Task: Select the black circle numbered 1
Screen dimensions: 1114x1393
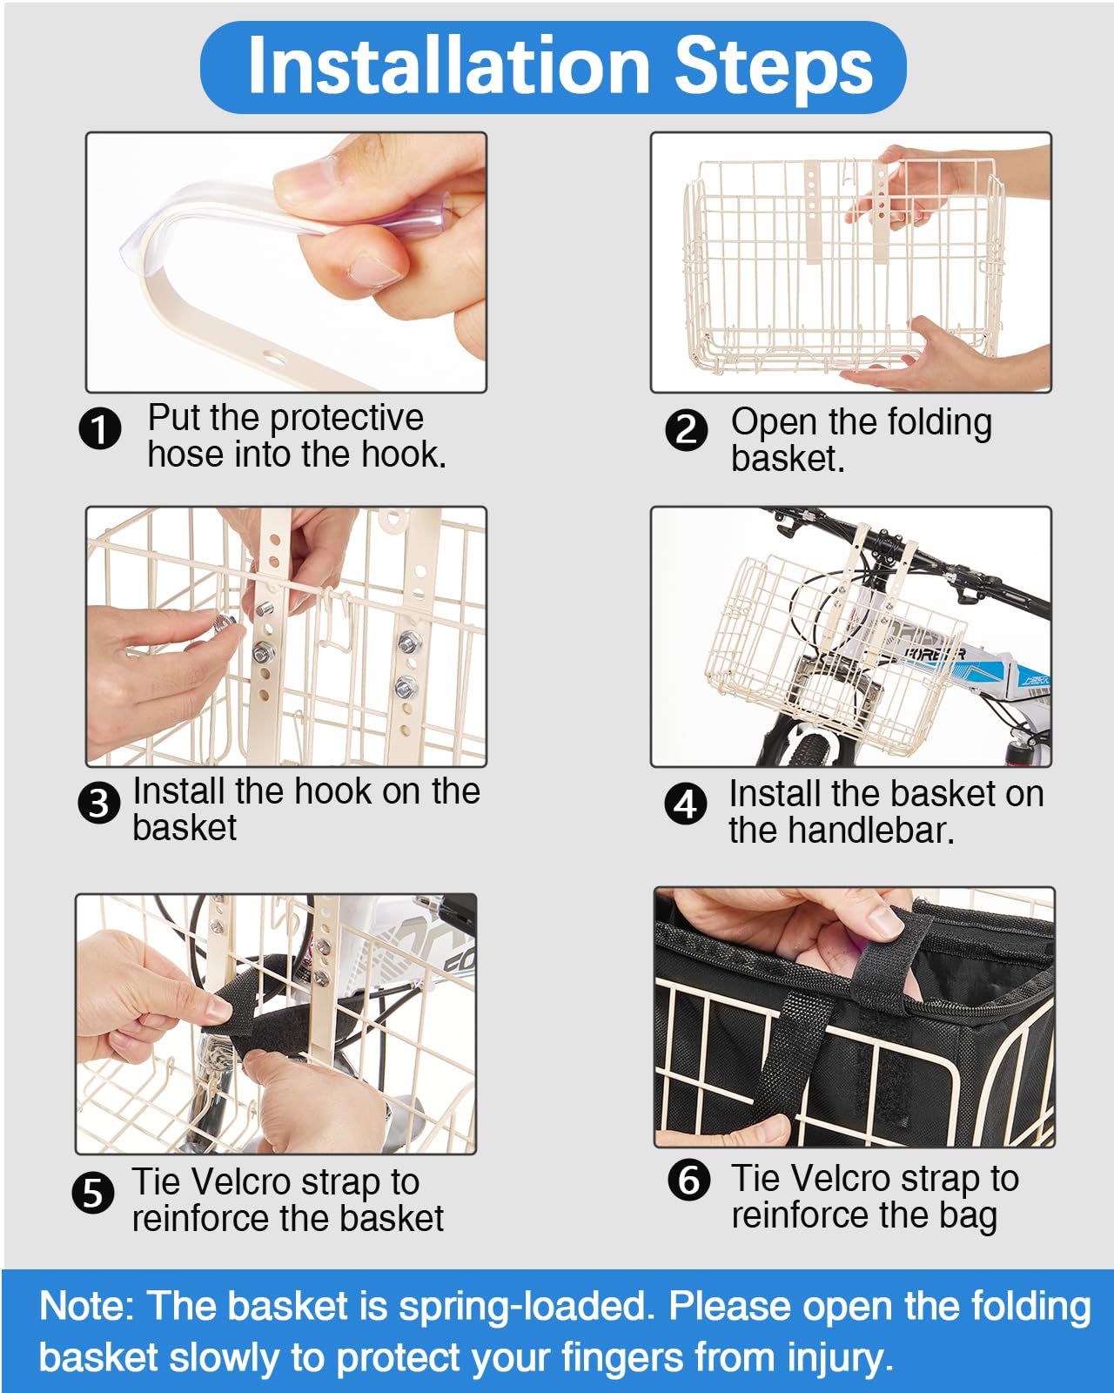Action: pyautogui.click(x=100, y=428)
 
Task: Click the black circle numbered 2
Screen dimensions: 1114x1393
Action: pyautogui.click(x=686, y=429)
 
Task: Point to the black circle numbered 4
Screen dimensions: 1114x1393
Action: pyautogui.click(x=686, y=804)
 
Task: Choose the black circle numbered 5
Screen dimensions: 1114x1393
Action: pyautogui.click(x=93, y=1193)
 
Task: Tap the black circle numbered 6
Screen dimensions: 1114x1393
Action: pyautogui.click(x=688, y=1180)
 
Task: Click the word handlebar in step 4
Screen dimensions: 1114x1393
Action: pyautogui.click(x=870, y=830)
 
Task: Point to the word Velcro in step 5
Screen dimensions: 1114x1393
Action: pyautogui.click(x=242, y=1181)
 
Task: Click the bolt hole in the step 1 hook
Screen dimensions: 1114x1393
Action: pyautogui.click(x=274, y=357)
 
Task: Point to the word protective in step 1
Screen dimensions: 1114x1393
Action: pyautogui.click(x=347, y=418)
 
